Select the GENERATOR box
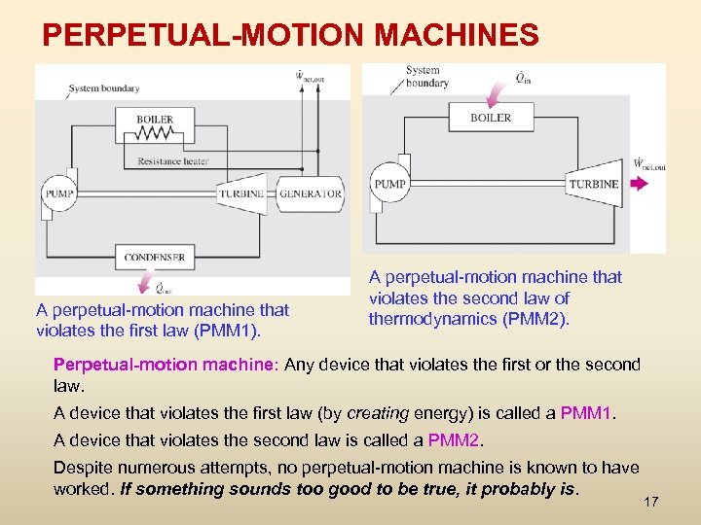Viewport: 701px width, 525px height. [310, 193]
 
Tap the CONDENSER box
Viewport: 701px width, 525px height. [154, 258]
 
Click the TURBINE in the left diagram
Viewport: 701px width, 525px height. [240, 193]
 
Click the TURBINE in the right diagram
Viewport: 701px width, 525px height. [593, 183]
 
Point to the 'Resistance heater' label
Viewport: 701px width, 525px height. [172, 161]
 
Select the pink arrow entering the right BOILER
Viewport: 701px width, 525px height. [498, 94]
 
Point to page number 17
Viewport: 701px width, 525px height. [651, 502]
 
